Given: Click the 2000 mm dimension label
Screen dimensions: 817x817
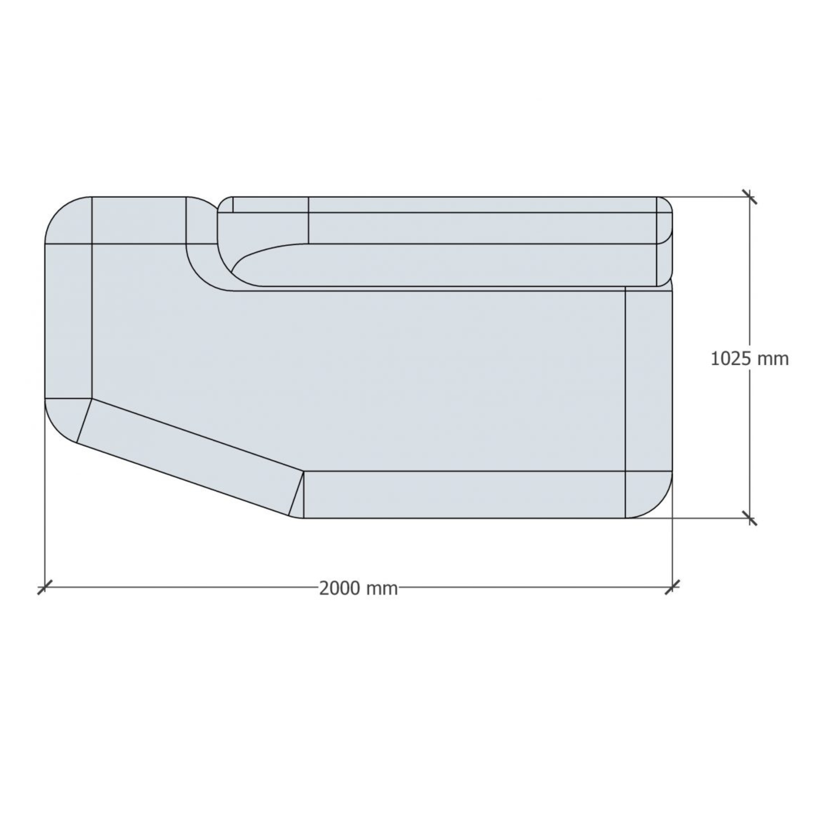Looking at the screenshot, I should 358,589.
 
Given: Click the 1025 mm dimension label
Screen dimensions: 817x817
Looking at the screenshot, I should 749,358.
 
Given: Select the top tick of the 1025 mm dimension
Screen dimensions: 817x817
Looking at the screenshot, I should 750,197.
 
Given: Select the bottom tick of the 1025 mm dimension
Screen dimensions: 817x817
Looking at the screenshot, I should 750,517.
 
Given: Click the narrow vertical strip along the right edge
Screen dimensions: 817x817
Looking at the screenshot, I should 648,379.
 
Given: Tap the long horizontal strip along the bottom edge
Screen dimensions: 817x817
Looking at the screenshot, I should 464,494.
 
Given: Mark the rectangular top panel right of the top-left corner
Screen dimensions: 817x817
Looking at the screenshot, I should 139,220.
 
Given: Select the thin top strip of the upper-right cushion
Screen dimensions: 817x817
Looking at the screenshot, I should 481,205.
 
